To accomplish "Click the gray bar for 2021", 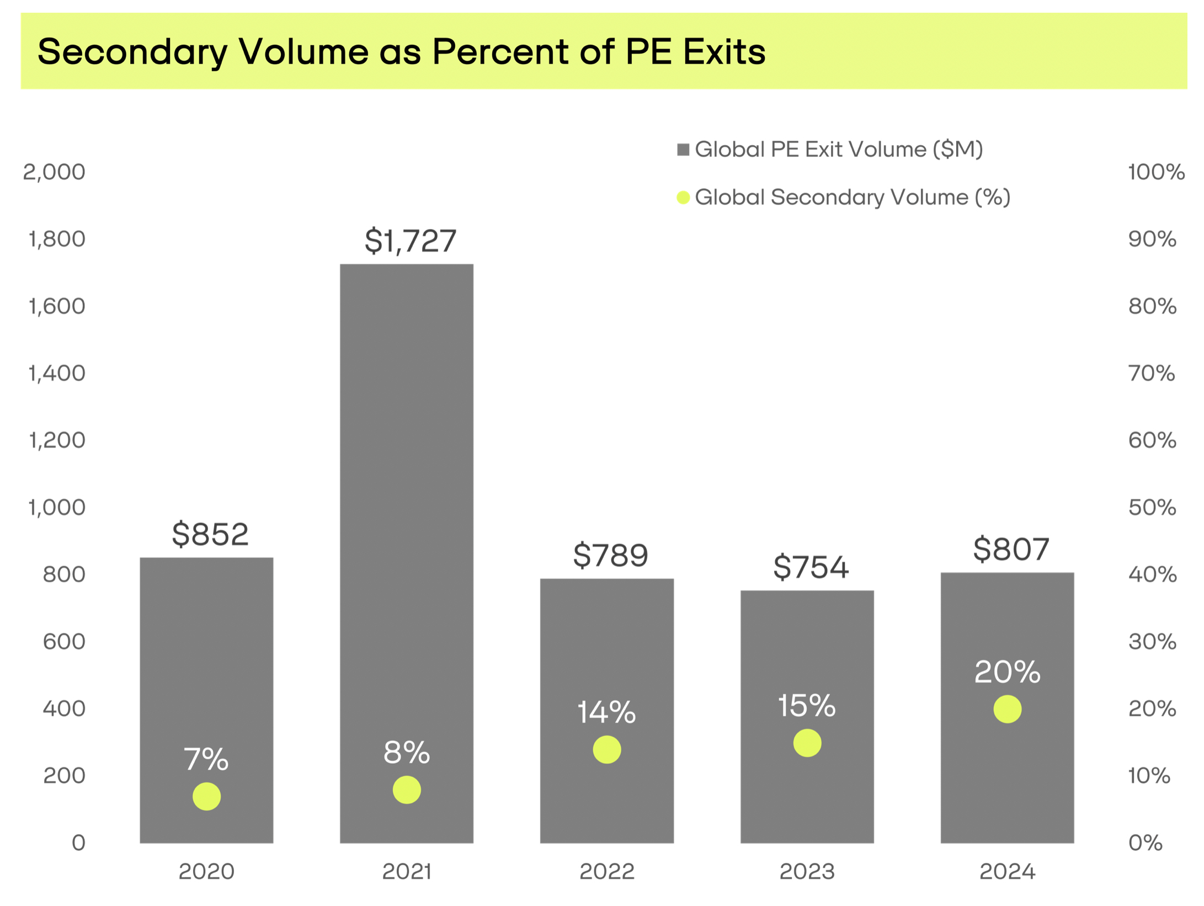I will (406, 497).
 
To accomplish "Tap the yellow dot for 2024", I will (1007, 709).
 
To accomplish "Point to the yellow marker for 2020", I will (206, 796).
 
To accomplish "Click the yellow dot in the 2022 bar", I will (606, 749).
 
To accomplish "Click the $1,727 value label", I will (411, 241).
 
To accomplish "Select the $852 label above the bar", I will (210, 534).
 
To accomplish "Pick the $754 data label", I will (811, 567).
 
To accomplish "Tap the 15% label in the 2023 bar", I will (807, 706).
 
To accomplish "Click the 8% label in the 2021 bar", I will (407, 753).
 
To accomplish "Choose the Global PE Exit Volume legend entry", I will (830, 150).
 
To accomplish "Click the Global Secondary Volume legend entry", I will (844, 198).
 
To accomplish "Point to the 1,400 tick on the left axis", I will (57, 374).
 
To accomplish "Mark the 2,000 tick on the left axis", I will (54, 172).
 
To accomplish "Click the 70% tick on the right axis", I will (1151, 374).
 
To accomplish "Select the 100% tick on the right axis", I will (1155, 172).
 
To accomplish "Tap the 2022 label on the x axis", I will (606, 872).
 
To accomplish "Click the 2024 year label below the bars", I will (1007, 872).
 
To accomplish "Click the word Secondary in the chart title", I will (132, 52).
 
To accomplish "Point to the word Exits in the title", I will (724, 52).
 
